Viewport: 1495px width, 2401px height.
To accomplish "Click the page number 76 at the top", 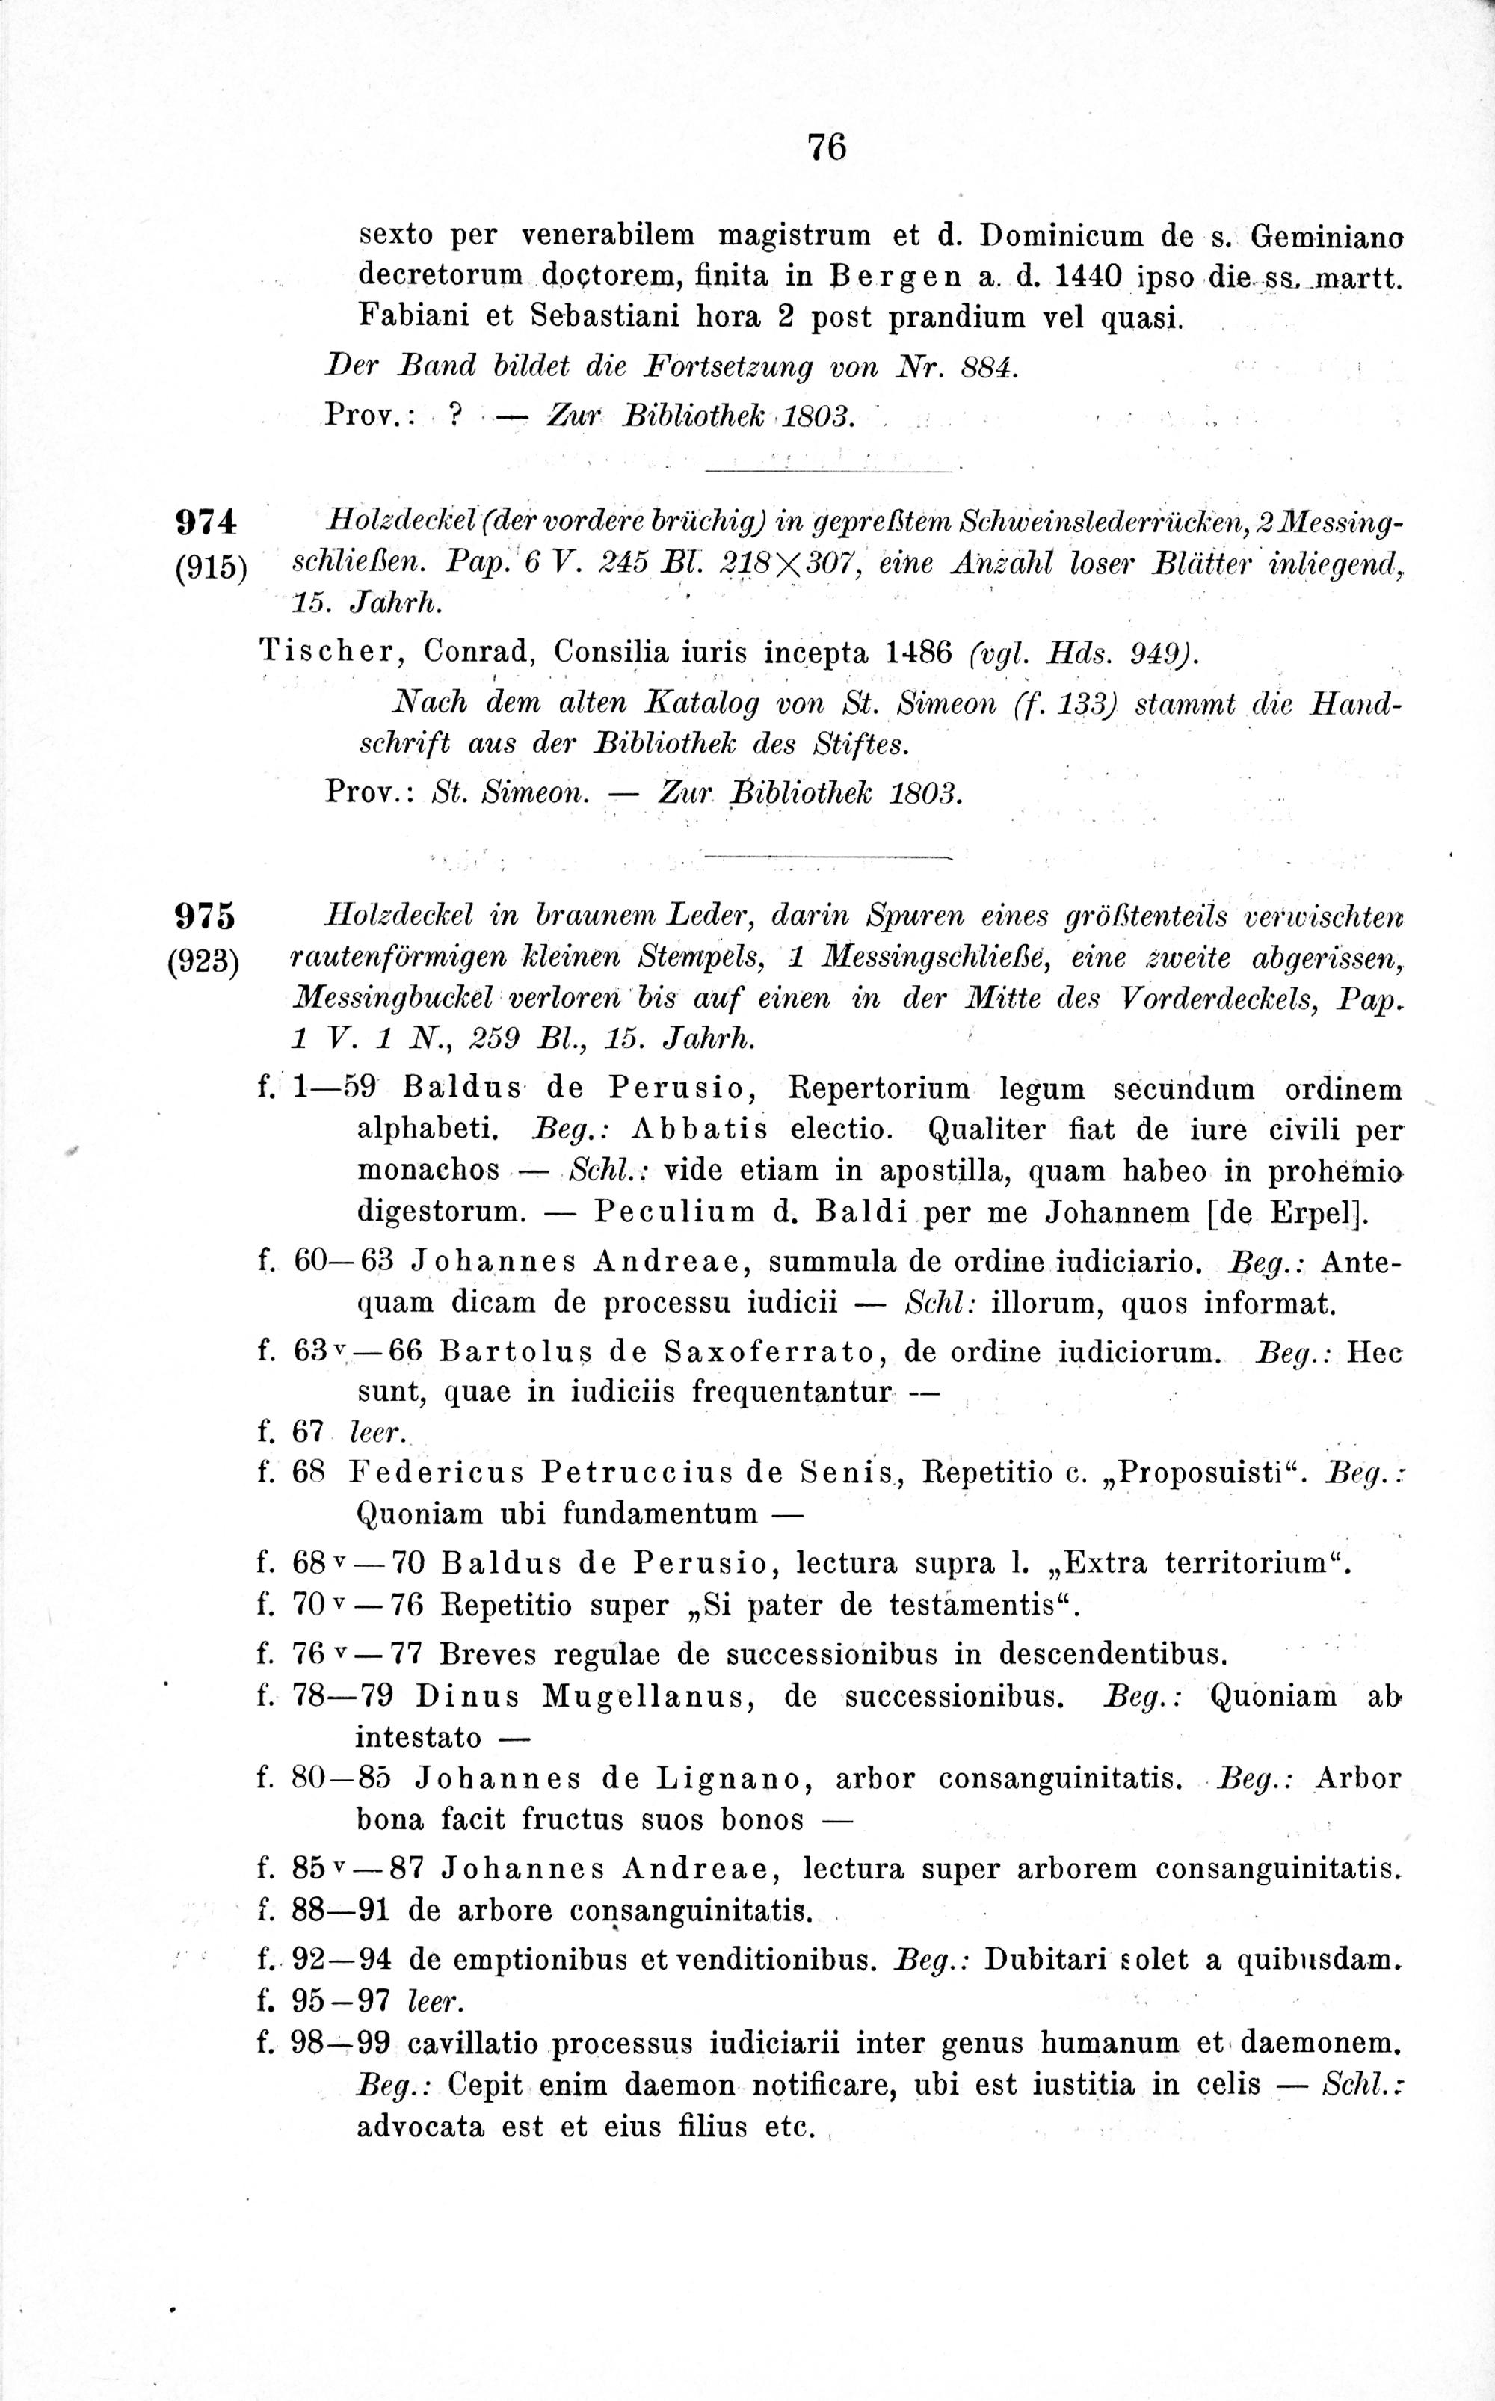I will coord(827,147).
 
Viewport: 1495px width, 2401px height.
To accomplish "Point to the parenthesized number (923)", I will coord(206,961).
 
